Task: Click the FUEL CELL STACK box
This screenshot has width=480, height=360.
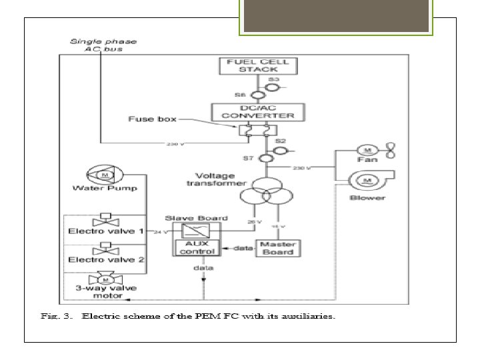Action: pos(257,66)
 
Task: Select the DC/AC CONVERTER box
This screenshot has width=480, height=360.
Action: pos(257,111)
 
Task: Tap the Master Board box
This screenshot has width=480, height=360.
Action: pos(277,247)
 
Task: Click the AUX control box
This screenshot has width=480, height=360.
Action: pos(192,247)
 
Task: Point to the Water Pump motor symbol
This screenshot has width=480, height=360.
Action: pos(104,175)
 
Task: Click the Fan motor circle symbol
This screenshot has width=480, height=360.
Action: pos(367,151)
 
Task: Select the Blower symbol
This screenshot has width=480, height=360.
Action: pos(367,180)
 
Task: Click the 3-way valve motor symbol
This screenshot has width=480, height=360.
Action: pos(103,279)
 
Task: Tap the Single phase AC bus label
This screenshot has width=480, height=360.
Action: pos(104,45)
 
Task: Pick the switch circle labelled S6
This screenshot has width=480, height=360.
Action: pos(248,95)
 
